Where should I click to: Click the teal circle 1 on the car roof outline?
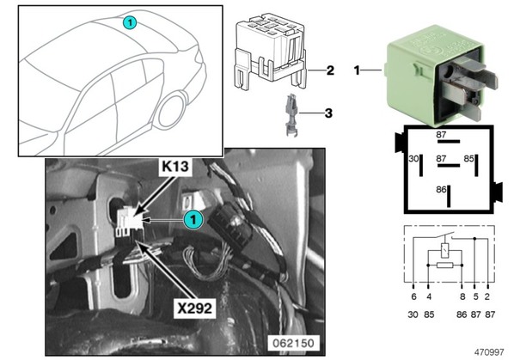pos(130,22)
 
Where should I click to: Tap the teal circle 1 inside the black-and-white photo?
pos(193,220)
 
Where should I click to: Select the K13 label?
pos(175,167)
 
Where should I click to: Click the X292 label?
pos(194,308)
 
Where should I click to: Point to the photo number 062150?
pos(293,343)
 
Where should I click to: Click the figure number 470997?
pos(489,352)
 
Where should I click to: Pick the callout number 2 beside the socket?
pos(330,70)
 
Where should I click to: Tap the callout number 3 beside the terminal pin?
pos(328,113)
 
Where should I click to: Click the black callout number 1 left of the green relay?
pos(357,70)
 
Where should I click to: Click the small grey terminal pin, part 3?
pos(291,115)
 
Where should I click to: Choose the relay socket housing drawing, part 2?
pos(271,52)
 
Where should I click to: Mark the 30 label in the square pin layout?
pos(413,159)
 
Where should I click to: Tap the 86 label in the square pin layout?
pos(441,190)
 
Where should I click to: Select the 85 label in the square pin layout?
pos(468,159)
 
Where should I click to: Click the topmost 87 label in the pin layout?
pos(441,135)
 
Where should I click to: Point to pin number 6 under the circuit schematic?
pos(413,296)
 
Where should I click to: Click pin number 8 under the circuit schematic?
pos(462,296)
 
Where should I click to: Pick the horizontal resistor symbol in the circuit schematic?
pos(445,265)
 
